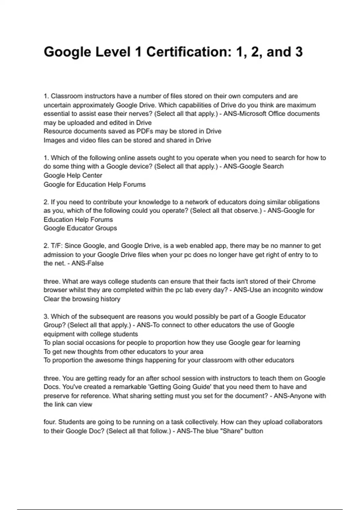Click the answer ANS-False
pos(87,263)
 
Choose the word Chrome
pos(304,281)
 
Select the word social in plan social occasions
pos(75,343)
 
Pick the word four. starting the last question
pos(50,422)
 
